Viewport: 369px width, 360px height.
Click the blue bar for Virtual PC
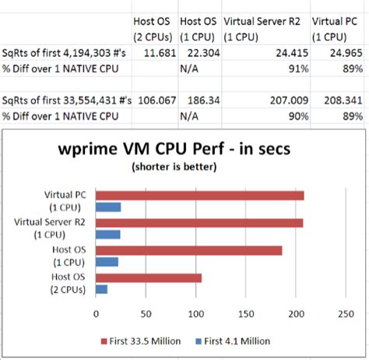pyautogui.click(x=108, y=206)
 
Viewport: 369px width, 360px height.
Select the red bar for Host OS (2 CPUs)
pyautogui.click(x=149, y=277)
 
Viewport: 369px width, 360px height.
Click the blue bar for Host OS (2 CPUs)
pyautogui.click(x=101, y=289)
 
